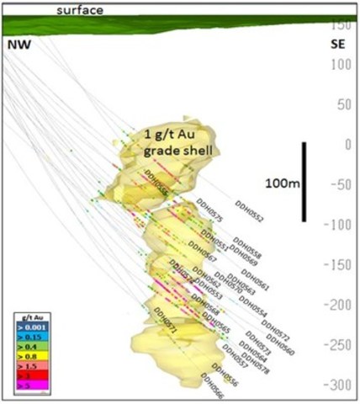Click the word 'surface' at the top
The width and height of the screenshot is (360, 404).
[x=79, y=9]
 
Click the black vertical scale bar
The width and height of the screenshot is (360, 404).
[x=303, y=181]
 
